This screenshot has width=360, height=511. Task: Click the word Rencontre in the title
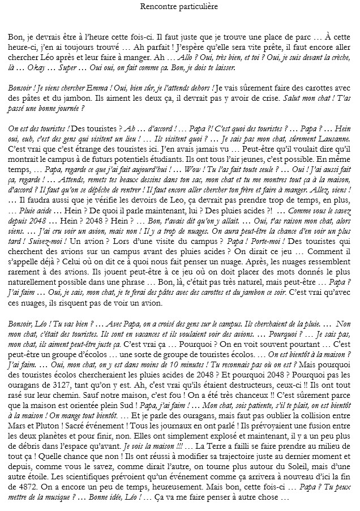158,6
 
